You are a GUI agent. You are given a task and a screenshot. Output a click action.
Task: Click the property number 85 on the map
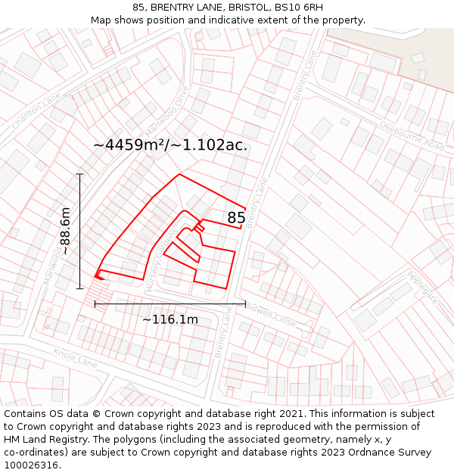236,218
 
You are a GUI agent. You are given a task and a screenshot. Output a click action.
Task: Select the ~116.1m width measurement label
170,319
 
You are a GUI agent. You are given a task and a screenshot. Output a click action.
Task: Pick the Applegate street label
422,288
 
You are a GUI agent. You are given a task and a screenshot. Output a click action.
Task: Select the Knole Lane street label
76,358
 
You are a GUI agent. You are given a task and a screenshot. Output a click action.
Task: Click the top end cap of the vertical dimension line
79,174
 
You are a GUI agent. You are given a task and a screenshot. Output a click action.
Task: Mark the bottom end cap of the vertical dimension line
79,288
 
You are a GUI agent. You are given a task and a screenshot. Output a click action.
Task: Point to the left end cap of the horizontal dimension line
95,303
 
